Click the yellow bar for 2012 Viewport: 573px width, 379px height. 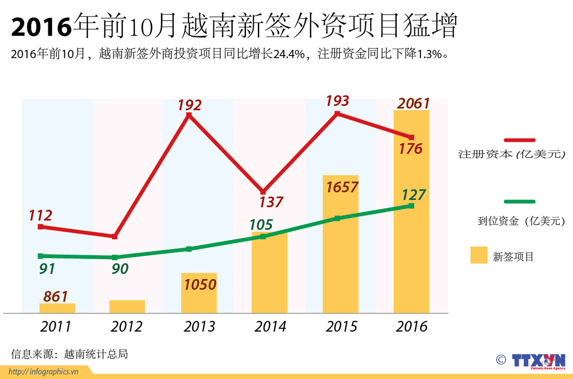pos(127,307)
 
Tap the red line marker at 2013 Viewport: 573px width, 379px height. pos(189,115)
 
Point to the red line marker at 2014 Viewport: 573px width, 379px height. pos(263,192)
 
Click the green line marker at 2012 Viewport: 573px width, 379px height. pos(115,257)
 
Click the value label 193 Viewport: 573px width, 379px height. pos(337,101)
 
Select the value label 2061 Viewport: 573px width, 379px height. pos(413,104)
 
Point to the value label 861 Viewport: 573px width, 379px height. pos(56,296)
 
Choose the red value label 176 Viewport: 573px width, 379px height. pos(410,149)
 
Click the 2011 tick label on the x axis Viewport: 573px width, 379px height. pos(56,326)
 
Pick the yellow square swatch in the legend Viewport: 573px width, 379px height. pos(479,255)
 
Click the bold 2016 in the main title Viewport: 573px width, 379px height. pos(41,27)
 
